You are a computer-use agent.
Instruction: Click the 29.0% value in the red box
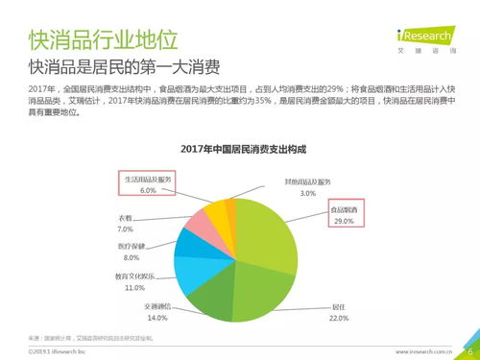point(345,222)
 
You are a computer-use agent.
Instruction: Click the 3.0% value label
point(307,194)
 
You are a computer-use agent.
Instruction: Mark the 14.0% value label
point(156,318)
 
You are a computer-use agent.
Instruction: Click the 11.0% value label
point(134,287)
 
